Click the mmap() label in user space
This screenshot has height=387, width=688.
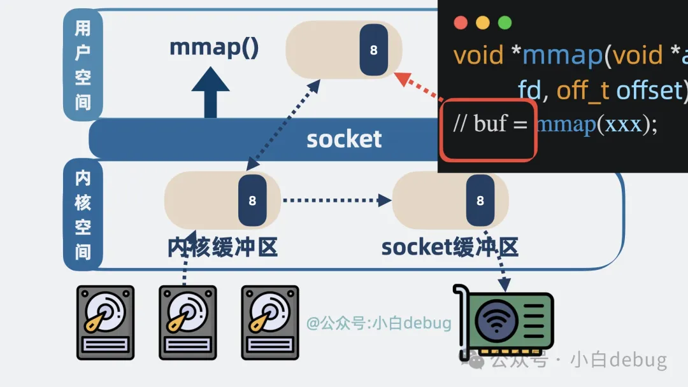click(x=214, y=48)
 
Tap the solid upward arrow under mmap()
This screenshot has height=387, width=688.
click(x=210, y=93)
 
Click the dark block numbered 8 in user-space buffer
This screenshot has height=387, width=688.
click(x=374, y=50)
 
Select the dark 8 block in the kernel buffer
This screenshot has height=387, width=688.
click(x=252, y=201)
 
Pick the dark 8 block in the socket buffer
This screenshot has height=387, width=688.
click(x=480, y=201)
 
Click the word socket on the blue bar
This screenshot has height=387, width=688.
click(x=344, y=139)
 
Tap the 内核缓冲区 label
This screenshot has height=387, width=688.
click(x=222, y=247)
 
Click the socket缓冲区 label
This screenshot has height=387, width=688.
click(x=450, y=247)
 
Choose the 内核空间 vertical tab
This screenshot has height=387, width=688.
click(x=83, y=215)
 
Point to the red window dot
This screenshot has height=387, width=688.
click(x=461, y=23)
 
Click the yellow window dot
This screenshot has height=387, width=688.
click(x=483, y=23)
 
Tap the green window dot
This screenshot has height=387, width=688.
click(x=505, y=23)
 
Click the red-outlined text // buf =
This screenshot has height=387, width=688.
click(x=490, y=124)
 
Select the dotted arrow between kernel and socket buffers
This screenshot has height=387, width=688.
click(x=336, y=201)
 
